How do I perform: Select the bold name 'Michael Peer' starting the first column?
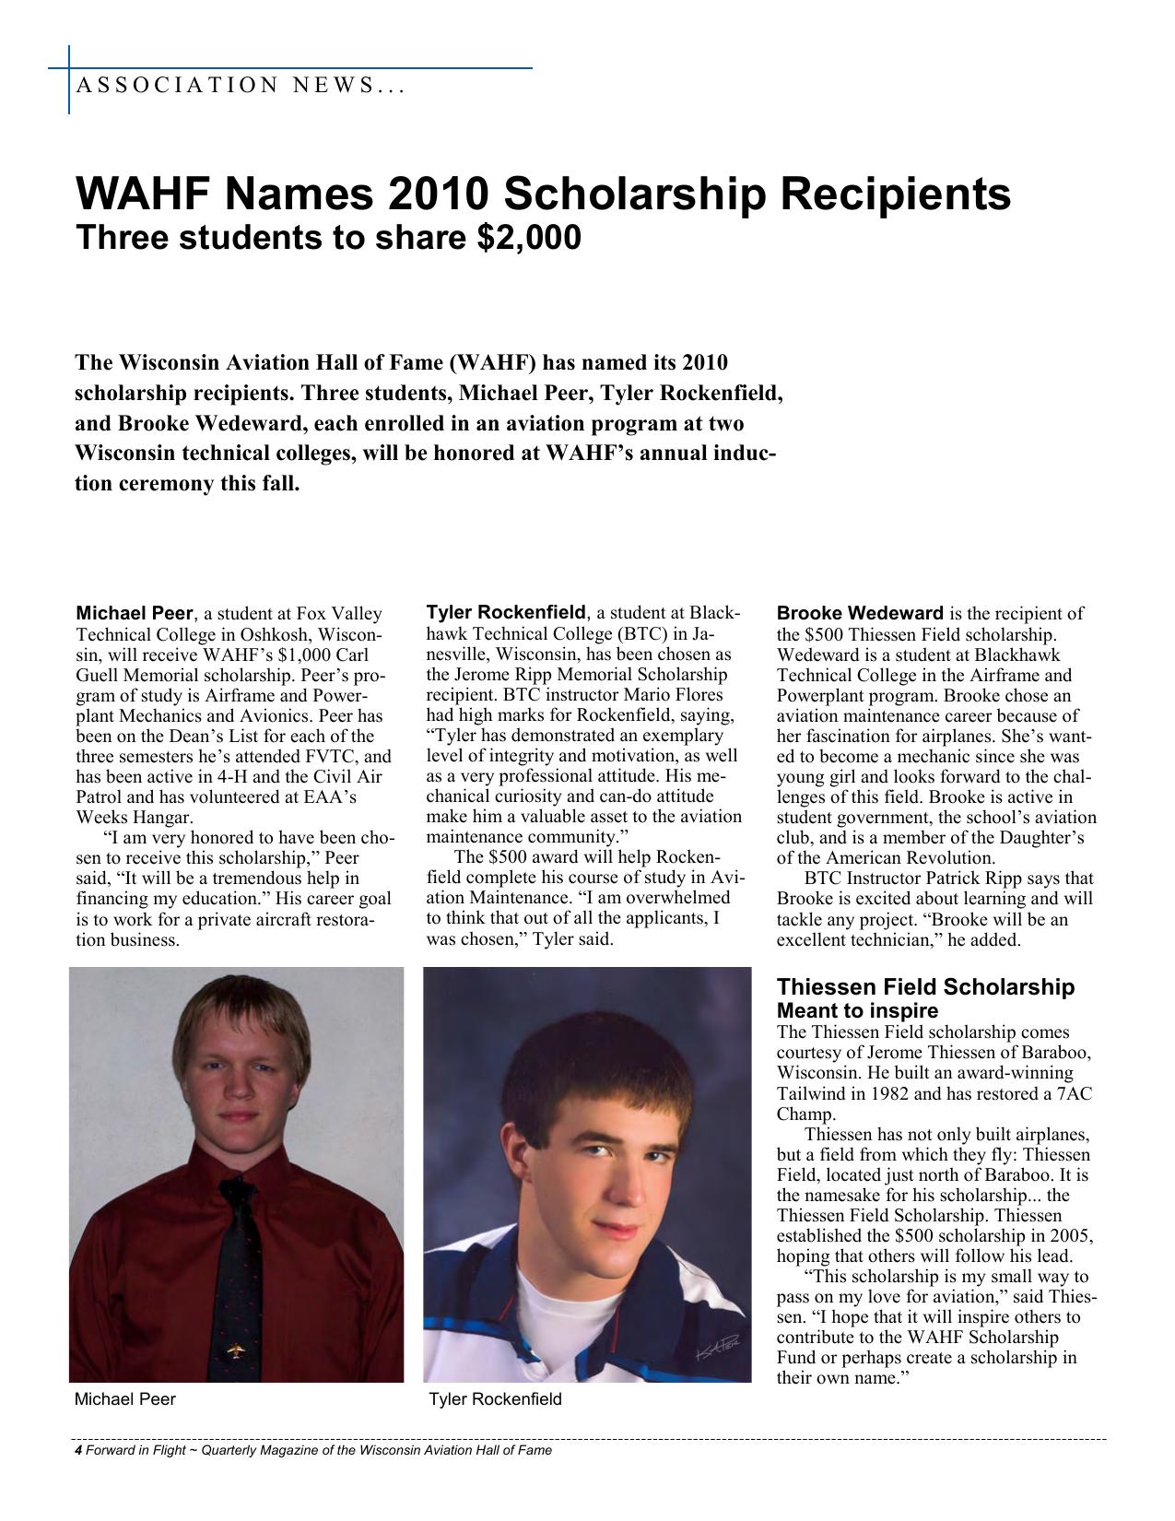pyautogui.click(x=135, y=613)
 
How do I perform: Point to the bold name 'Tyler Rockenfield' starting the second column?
pyautogui.click(x=506, y=612)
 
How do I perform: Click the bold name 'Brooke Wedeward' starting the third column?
pyautogui.click(x=860, y=613)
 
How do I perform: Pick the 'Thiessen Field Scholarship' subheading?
pyautogui.click(x=925, y=987)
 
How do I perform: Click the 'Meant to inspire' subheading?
pyautogui.click(x=857, y=1010)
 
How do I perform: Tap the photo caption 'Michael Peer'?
pyautogui.click(x=124, y=1399)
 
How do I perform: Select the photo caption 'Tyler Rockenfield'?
pyautogui.click(x=495, y=1399)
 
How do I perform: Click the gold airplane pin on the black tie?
pyautogui.click(x=237, y=1351)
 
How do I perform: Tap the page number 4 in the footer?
pyautogui.click(x=78, y=1450)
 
